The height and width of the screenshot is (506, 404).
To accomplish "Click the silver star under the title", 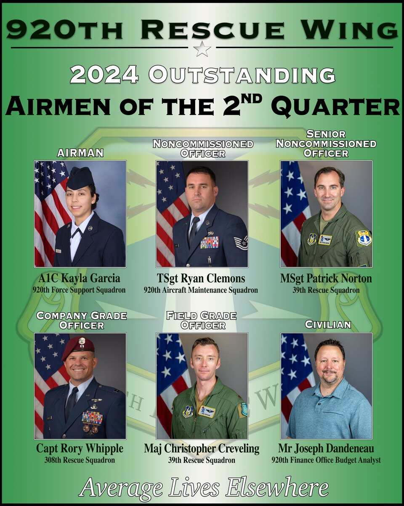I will pyautogui.click(x=202, y=49).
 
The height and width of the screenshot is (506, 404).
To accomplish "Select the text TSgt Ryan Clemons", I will pyautogui.click(x=201, y=279).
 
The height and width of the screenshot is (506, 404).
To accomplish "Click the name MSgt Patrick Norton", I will pyautogui.click(x=326, y=279).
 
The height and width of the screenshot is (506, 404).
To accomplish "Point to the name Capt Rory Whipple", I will pyautogui.click(x=80, y=448).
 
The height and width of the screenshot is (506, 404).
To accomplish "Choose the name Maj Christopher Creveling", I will pyautogui.click(x=202, y=448).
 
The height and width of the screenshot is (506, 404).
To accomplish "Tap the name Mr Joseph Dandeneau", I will pyautogui.click(x=326, y=448).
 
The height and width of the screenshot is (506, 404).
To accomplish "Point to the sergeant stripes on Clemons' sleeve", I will pyautogui.click(x=241, y=242).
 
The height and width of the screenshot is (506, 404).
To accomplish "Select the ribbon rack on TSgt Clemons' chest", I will pyautogui.click(x=209, y=242).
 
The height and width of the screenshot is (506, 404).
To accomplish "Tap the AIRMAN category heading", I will pyautogui.click(x=80, y=153).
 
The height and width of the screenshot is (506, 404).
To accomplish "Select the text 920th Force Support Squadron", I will pyautogui.click(x=79, y=290).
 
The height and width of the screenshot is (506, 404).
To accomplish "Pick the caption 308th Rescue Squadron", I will pyautogui.click(x=80, y=460).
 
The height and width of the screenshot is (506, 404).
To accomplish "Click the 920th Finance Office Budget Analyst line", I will pyautogui.click(x=326, y=460).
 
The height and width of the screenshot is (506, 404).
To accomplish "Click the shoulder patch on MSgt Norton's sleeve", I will pyautogui.click(x=364, y=238).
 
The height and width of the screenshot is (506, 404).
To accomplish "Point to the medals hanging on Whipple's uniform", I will pyautogui.click(x=90, y=428).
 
